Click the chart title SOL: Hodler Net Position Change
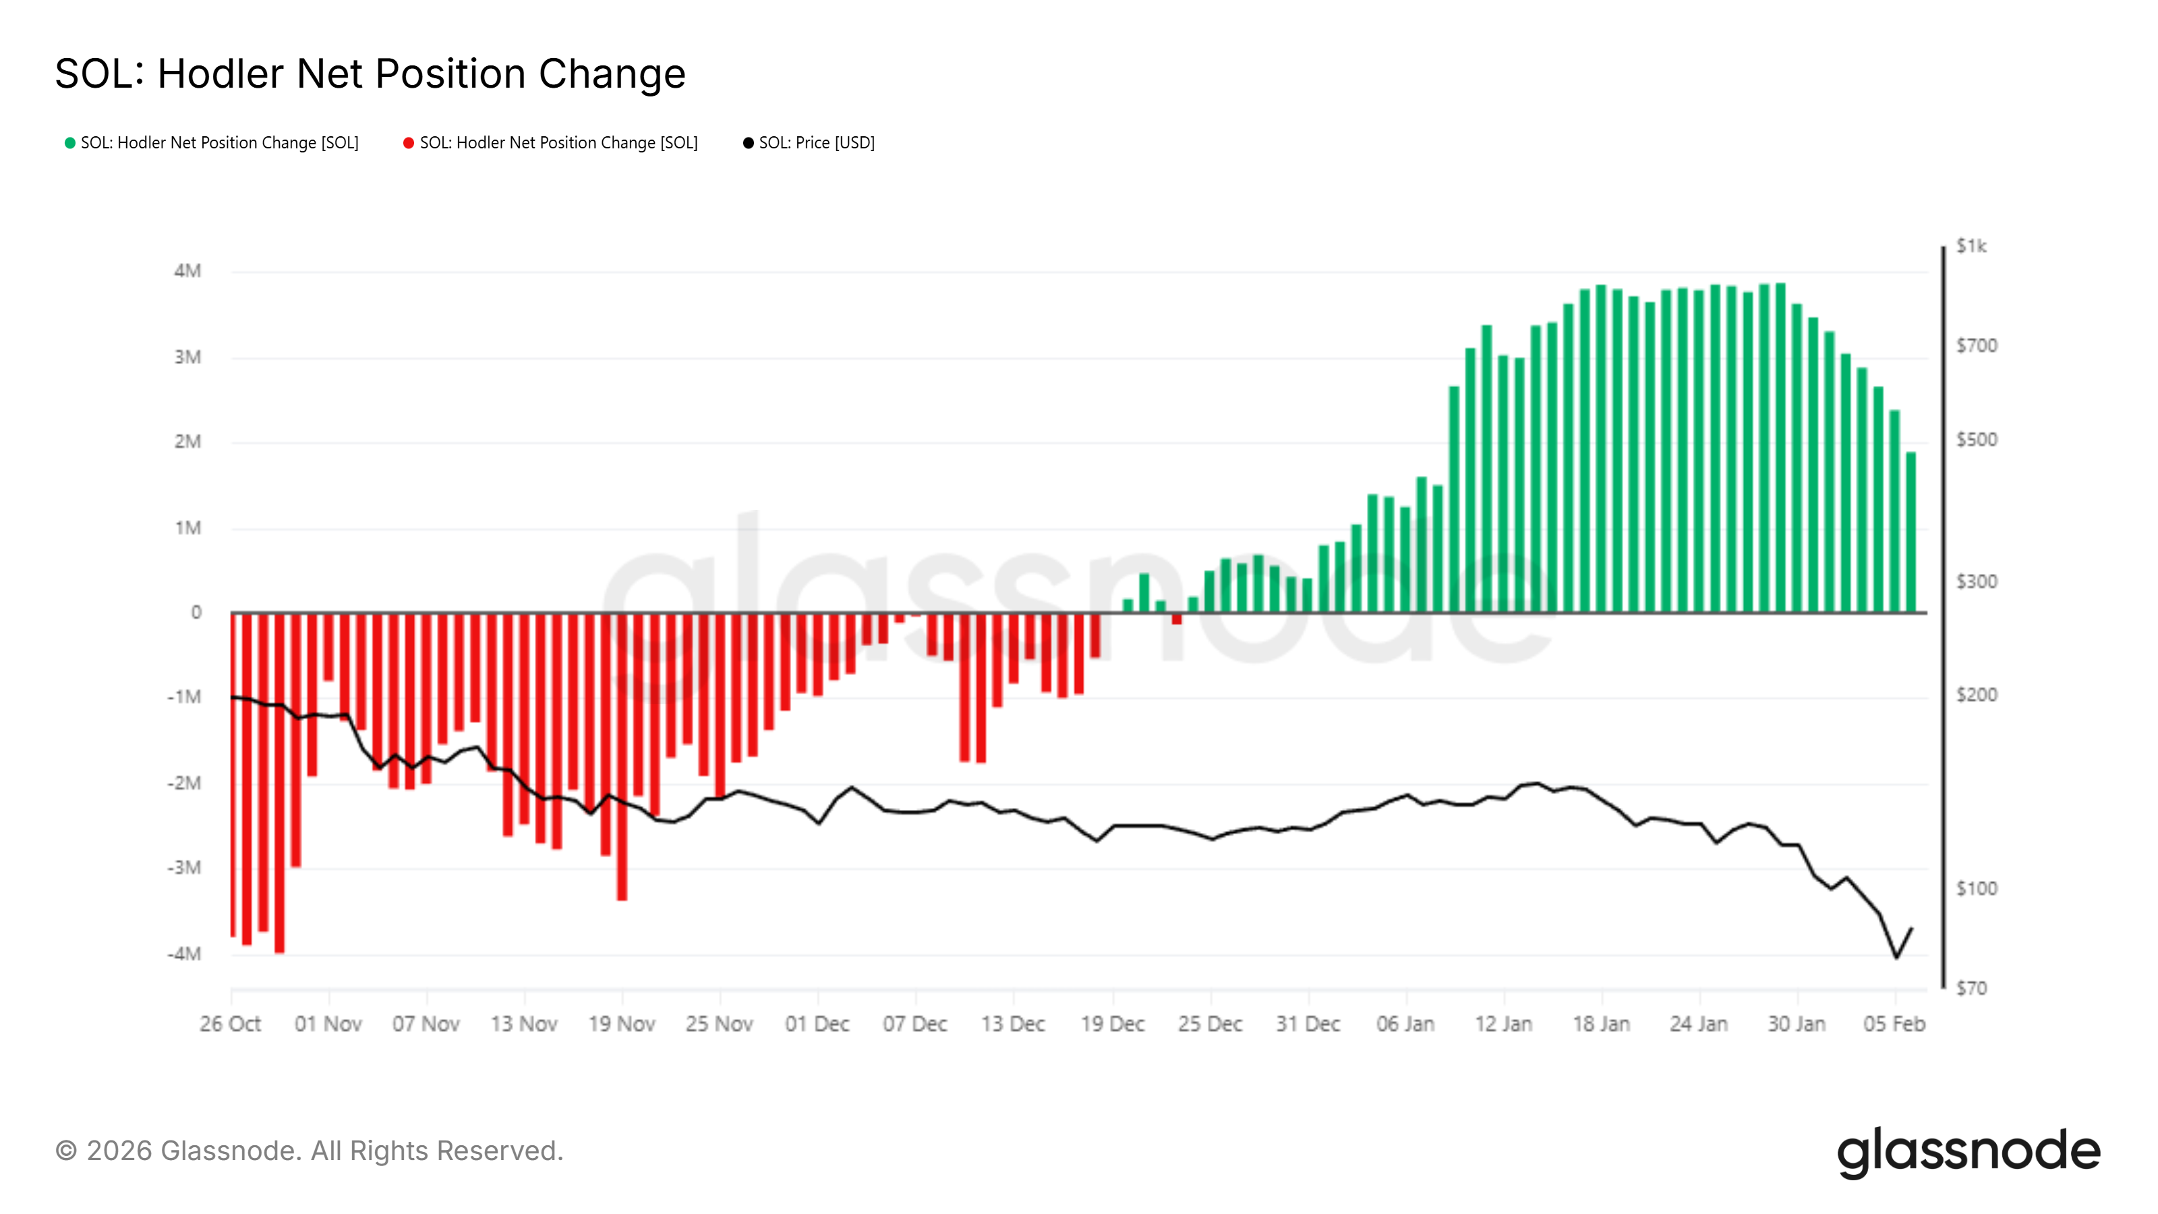click(370, 74)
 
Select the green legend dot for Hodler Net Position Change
click(70, 143)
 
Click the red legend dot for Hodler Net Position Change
click(409, 143)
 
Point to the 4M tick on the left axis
click(187, 270)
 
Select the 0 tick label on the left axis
click(196, 612)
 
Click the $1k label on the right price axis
click(1971, 245)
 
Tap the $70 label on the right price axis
click(1971, 989)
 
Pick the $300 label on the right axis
click(1976, 581)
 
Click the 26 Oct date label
click(231, 1024)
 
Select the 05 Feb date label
click(1894, 1024)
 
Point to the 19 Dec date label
click(1113, 1024)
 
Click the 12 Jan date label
click(1504, 1024)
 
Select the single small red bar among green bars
click(1177, 619)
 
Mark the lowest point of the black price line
click(1896, 957)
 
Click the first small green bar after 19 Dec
click(1128, 606)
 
